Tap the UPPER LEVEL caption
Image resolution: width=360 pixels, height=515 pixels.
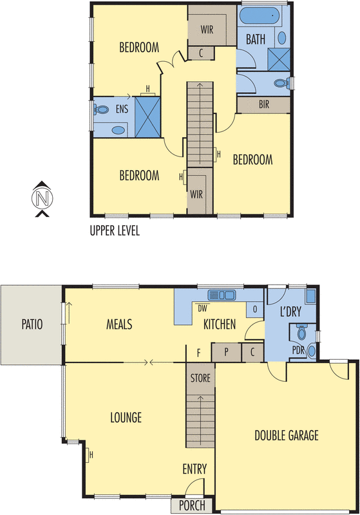point(115,230)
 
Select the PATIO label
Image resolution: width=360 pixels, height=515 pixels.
point(30,324)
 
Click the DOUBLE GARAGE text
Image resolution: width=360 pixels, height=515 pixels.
point(286,435)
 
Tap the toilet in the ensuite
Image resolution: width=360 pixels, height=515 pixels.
point(102,109)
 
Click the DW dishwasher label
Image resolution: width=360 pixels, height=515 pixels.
point(202,308)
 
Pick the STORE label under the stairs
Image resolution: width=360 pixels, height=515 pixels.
point(200,378)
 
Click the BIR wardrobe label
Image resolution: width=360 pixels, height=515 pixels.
point(264,104)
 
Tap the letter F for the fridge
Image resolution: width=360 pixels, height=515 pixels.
point(198,352)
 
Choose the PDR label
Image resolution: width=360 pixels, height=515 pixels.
point(298,350)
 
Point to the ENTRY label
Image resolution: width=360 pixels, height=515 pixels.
point(194,468)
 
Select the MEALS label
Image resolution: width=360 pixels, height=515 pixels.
point(119,324)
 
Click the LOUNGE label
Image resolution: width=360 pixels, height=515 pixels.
point(126,417)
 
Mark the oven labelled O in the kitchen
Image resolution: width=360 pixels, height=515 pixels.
point(255,309)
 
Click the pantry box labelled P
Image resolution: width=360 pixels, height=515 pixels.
point(227,352)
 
